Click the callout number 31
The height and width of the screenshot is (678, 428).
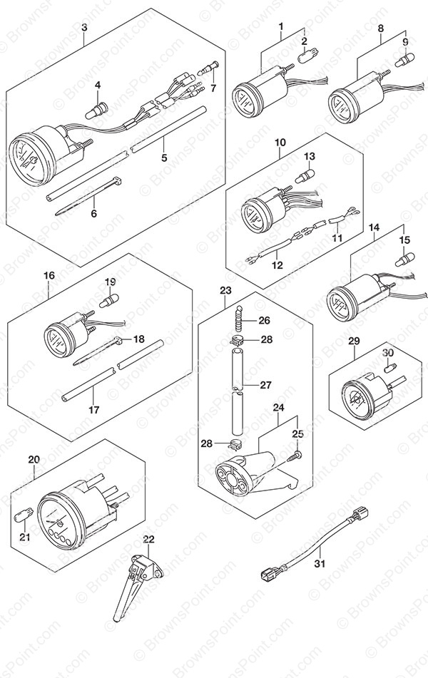(320, 563)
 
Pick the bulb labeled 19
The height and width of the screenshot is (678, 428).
(108, 300)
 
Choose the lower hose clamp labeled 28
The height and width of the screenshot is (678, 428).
(234, 443)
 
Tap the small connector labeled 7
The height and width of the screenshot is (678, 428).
(209, 68)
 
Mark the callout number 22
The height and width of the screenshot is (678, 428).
(148, 539)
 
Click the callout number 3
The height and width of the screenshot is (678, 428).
(85, 27)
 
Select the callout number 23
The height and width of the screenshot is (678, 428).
(225, 291)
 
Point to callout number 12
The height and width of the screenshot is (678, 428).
(277, 264)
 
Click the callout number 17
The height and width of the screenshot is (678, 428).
(94, 409)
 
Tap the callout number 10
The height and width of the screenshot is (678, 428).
(280, 142)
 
